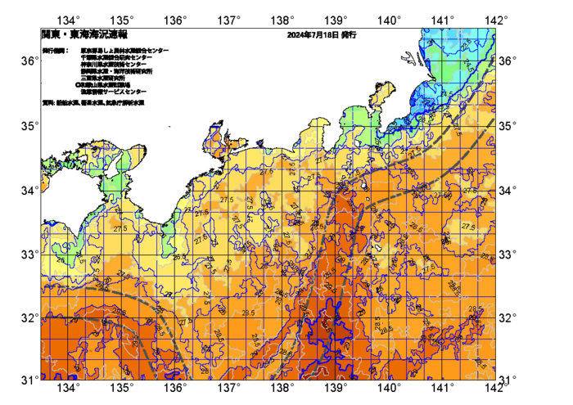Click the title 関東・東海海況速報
click(84, 35)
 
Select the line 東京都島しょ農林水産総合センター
click(124, 51)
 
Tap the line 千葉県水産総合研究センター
click(119, 57)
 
